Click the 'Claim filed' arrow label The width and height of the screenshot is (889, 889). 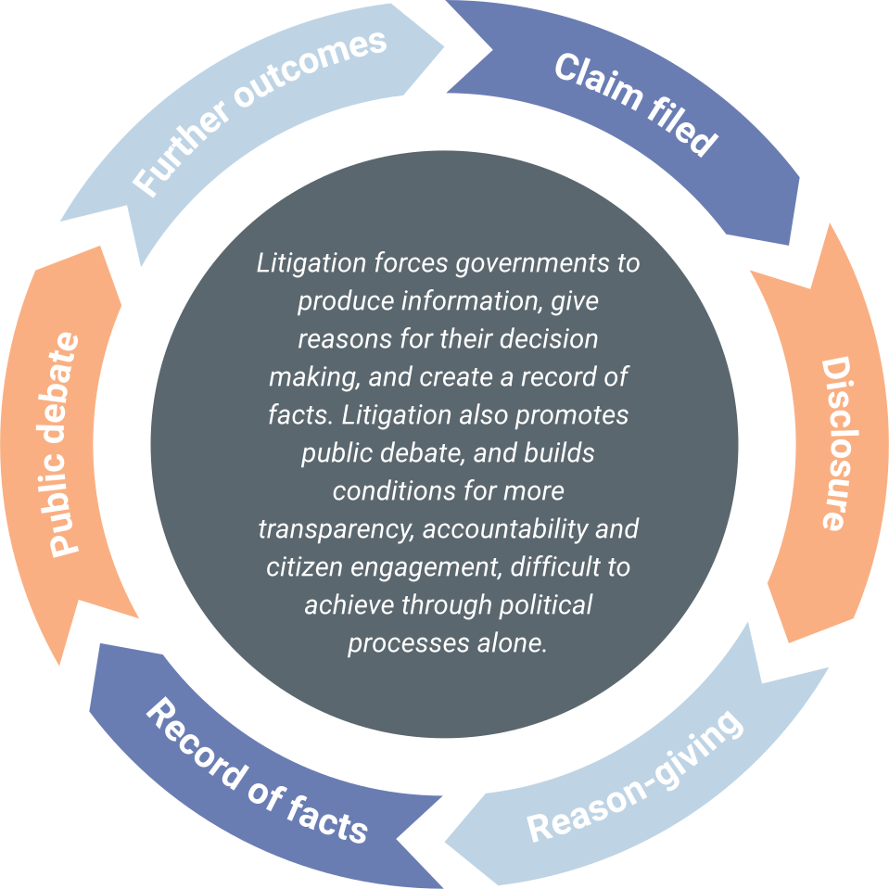[x=636, y=105]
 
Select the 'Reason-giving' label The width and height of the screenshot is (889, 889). [x=636, y=777]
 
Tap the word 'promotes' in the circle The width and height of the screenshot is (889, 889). [x=576, y=415]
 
